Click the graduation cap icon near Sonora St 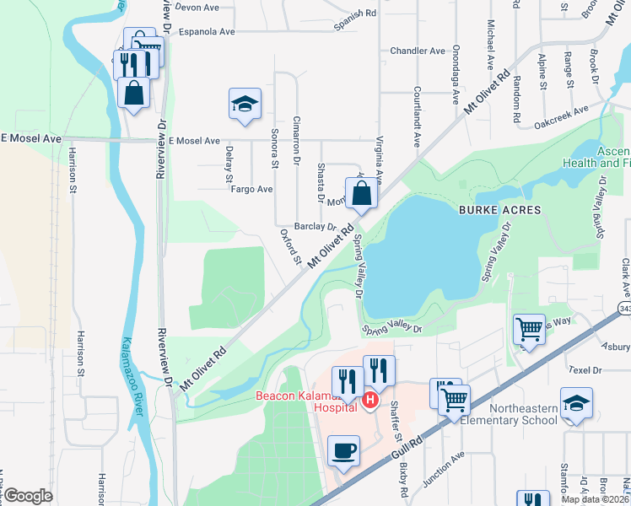[x=245, y=105]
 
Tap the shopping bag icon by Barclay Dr [x=361, y=193]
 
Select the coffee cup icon [x=343, y=451]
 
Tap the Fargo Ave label [x=252, y=190]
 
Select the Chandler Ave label [x=417, y=51]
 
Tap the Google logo [x=28, y=496]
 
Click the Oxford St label [x=290, y=245]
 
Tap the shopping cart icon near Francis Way [x=529, y=329]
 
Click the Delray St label [x=229, y=164]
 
